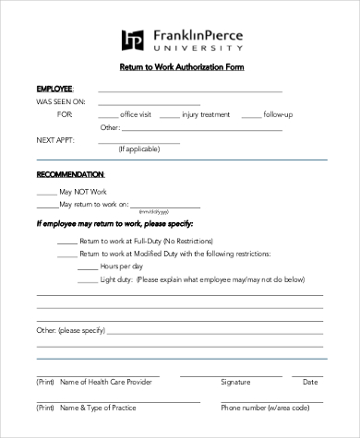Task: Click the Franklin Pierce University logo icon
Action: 133,40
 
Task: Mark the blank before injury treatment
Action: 172,116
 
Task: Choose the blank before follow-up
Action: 250,116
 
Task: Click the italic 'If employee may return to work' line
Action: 115,224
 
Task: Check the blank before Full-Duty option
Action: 66,240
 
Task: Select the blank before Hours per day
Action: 87,266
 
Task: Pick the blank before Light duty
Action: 87,278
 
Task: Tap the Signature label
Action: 236,381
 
